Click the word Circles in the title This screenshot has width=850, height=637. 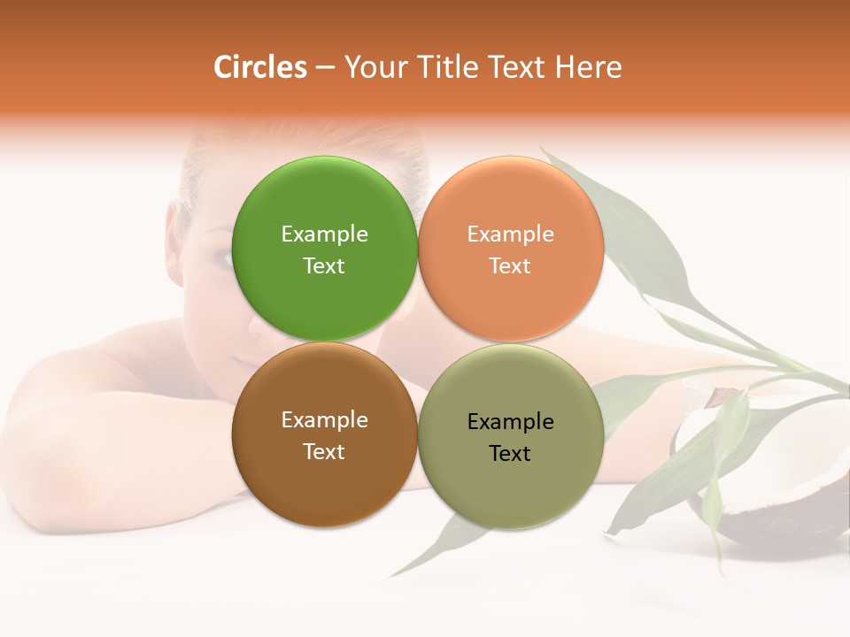point(260,67)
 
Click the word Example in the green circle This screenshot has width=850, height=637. point(324,234)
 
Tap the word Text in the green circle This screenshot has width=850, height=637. point(324,265)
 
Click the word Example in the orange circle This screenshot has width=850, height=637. point(511,234)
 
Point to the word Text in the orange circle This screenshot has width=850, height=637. point(511,265)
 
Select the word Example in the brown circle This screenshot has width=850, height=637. point(324,419)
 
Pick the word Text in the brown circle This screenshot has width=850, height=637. point(324,451)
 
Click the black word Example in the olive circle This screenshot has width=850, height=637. point(511,421)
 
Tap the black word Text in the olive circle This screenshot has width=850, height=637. point(511,453)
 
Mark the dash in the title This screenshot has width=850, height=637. point(325,68)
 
